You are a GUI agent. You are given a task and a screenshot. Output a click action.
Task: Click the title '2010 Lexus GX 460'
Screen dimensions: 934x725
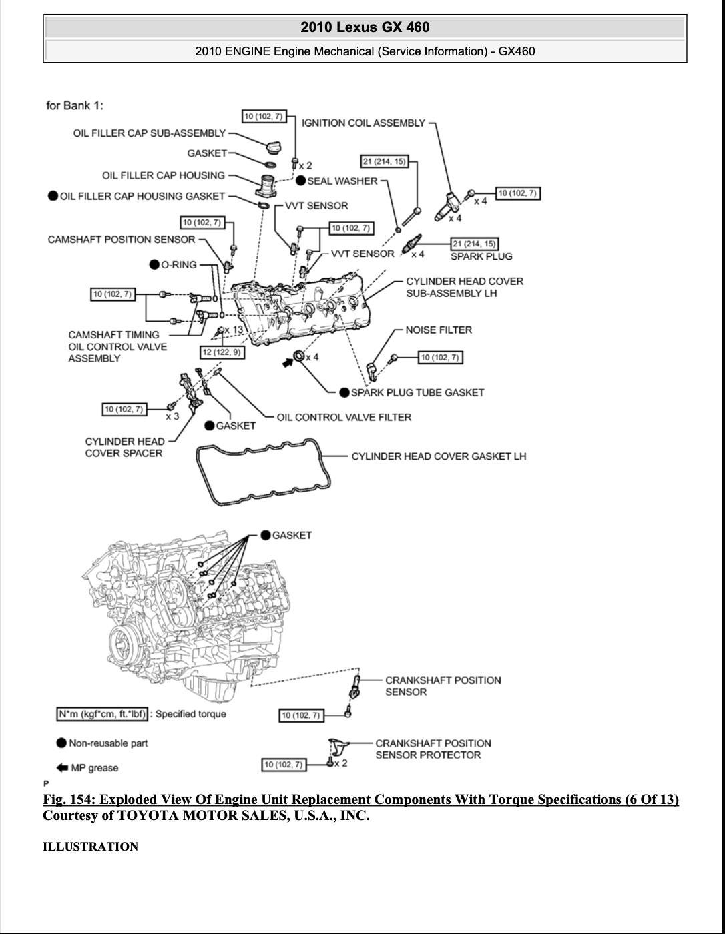pyautogui.click(x=365, y=27)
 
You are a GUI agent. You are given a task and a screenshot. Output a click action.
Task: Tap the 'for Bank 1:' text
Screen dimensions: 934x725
pyautogui.click(x=75, y=105)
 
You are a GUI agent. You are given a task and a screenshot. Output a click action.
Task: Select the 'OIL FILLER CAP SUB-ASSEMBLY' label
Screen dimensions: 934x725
pyautogui.click(x=150, y=133)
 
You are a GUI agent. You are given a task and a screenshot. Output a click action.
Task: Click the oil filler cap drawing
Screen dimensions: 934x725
pyautogui.click(x=274, y=148)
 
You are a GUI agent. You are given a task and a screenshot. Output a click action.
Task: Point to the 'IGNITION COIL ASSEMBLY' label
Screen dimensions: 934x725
pyautogui.click(x=363, y=123)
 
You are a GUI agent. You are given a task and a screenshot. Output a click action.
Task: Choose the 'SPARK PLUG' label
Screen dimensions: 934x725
pyautogui.click(x=481, y=256)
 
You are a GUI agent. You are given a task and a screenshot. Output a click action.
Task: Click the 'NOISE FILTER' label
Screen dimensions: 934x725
pyautogui.click(x=439, y=330)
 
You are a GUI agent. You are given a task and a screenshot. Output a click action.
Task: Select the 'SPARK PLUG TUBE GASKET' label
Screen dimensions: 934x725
pyautogui.click(x=417, y=392)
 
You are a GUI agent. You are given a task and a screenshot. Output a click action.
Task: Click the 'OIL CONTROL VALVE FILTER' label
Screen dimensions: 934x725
pyautogui.click(x=344, y=417)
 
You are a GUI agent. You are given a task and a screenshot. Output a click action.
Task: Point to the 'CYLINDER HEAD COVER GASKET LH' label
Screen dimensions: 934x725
pyautogui.click(x=439, y=456)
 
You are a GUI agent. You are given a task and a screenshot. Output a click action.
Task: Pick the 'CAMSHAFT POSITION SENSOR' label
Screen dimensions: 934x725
pyautogui.click(x=122, y=240)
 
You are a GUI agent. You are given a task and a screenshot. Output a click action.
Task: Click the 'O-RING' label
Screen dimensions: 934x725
pyautogui.click(x=178, y=265)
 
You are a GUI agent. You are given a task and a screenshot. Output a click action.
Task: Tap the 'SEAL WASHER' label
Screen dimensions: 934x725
pyautogui.click(x=342, y=181)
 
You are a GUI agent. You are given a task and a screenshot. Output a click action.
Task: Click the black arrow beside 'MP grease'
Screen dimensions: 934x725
pyautogui.click(x=62, y=767)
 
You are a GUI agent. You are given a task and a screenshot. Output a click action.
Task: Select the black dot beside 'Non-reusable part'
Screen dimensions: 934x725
pyautogui.click(x=61, y=743)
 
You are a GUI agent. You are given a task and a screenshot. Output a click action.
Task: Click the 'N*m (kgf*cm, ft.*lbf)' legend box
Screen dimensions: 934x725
pyautogui.click(x=102, y=714)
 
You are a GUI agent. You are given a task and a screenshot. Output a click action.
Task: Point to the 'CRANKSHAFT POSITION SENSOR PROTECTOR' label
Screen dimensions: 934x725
pyautogui.click(x=433, y=749)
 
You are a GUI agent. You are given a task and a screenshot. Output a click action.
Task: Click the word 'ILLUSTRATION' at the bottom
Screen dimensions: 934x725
pyautogui.click(x=90, y=847)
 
